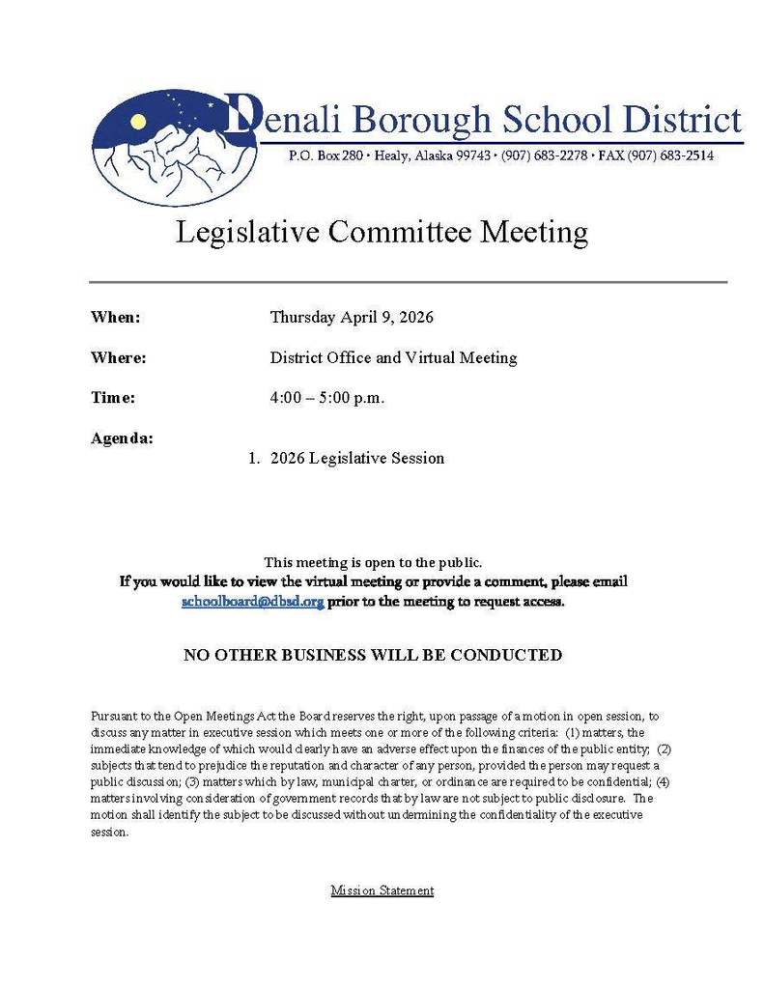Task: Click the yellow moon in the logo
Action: [x=138, y=121]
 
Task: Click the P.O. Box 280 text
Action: [x=324, y=155]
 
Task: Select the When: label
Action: [x=115, y=318]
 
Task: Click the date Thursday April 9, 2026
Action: [x=352, y=318]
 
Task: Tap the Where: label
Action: [x=118, y=358]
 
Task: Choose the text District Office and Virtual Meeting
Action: [x=393, y=358]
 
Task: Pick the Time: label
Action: [x=112, y=398]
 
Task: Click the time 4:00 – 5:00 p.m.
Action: [x=327, y=398]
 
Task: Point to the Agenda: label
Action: [x=122, y=438]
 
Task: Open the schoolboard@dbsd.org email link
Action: [x=252, y=601]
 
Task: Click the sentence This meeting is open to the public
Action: [x=373, y=562]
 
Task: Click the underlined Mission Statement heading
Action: [x=382, y=890]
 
